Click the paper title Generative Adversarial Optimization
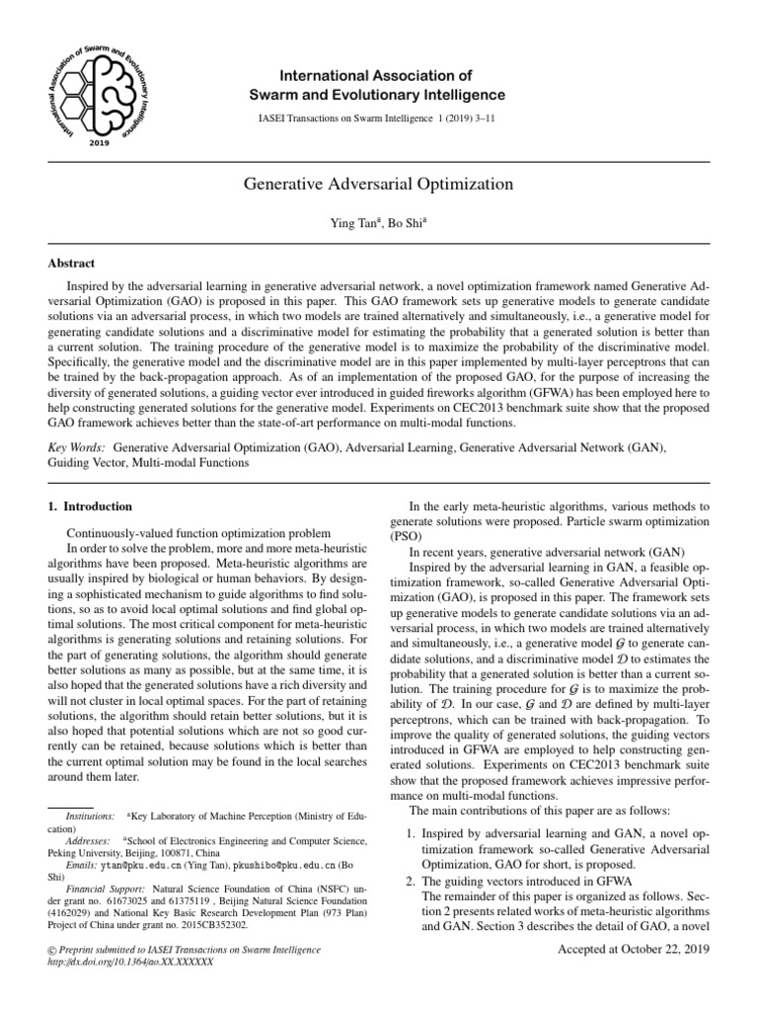tap(378, 184)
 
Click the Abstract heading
tap(72, 264)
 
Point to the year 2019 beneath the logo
tap(99, 143)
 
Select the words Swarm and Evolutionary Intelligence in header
tap(378, 95)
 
